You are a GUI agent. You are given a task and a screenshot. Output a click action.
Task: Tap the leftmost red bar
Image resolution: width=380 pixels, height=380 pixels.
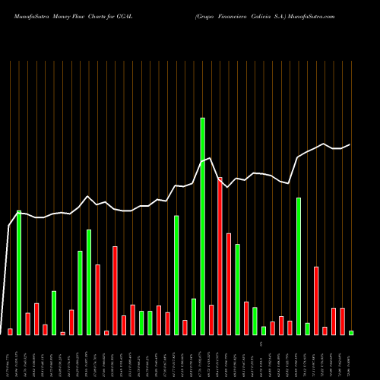tap(10, 331)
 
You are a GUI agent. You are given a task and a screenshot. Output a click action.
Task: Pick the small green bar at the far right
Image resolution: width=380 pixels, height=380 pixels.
tap(351, 333)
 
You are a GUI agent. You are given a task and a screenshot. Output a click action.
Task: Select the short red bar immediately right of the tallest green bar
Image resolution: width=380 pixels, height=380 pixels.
tap(211, 319)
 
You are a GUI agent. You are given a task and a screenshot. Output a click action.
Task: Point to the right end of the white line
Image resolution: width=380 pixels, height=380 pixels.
tap(350, 144)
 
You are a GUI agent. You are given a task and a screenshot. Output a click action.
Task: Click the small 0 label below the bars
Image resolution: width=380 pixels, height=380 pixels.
tap(261, 344)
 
